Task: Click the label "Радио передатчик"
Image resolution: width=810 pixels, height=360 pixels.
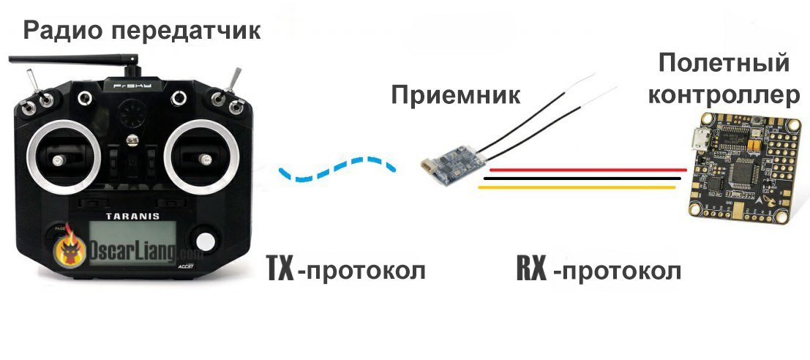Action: click(142, 31)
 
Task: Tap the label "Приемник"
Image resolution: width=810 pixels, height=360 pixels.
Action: click(456, 95)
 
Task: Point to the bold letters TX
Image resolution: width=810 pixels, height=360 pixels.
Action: click(280, 269)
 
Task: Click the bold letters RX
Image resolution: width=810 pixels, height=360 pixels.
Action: click(531, 269)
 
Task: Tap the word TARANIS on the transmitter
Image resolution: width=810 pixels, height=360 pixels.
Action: click(132, 217)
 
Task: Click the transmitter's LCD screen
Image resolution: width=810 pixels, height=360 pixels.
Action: click(132, 243)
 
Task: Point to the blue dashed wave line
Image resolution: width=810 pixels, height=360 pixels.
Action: click(337, 168)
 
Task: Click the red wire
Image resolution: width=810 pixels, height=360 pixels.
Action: click(588, 170)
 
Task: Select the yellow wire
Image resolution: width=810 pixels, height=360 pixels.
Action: click(577, 187)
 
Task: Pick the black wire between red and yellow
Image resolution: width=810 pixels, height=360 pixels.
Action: click(582, 179)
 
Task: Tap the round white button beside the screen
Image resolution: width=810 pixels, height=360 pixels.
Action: click(205, 241)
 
